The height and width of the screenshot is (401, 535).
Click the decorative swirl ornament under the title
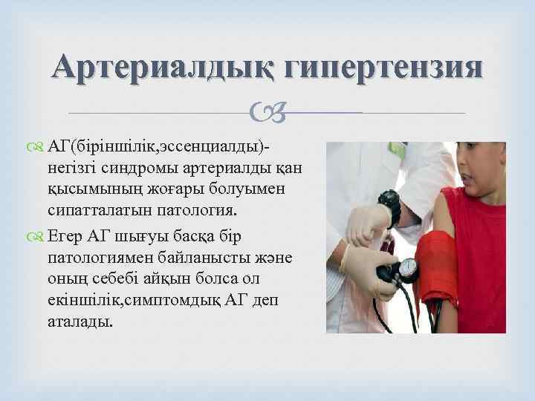pos(267,112)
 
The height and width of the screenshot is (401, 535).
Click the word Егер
pos(66,236)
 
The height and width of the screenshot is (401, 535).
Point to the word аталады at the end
pos(81,324)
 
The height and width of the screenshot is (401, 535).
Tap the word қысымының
pos(85,189)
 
